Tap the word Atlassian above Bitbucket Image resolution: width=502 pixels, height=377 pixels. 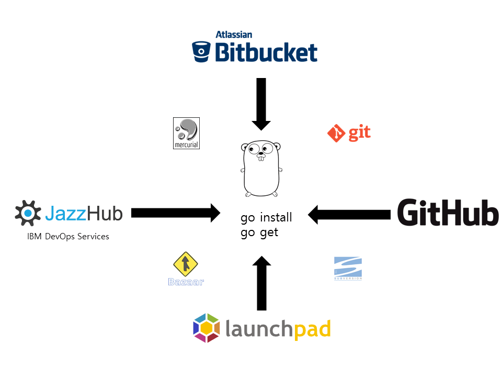(234, 35)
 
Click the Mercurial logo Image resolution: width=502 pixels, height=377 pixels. (186, 133)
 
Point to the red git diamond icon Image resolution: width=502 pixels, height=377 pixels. (336, 134)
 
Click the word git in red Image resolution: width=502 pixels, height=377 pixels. (359, 134)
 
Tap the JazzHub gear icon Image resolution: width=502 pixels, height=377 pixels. (28, 213)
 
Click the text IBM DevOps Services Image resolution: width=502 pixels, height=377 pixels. (68, 237)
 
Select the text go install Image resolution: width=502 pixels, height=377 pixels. (266, 217)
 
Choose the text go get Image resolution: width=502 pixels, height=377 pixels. (259, 232)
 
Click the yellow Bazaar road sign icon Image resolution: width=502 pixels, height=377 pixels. (186, 263)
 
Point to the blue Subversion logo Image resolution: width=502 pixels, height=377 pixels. (348, 268)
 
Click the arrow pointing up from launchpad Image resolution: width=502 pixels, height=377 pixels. (261, 283)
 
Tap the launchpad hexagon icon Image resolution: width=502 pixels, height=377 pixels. (206, 328)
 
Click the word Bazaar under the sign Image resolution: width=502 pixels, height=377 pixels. (186, 282)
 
